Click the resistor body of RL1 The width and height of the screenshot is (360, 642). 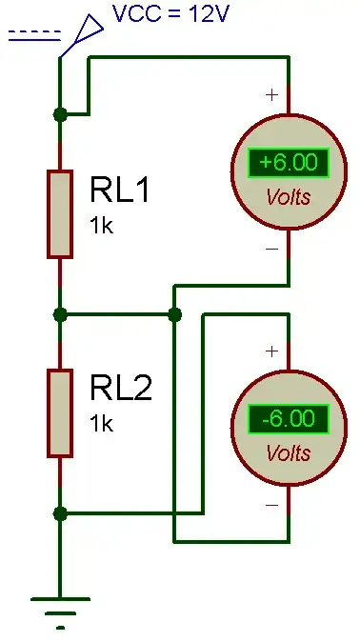pos(60,214)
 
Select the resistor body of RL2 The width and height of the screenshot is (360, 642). pos(60,414)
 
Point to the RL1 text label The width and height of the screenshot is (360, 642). pos(121,191)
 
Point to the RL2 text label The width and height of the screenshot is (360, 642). pos(121,390)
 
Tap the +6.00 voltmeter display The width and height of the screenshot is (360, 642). pos(289,162)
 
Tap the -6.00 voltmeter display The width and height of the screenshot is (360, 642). pos(289,418)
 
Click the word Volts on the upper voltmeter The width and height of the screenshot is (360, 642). pos(289,196)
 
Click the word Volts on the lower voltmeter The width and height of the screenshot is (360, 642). pos(289,452)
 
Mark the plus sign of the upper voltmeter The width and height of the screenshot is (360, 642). pos(271,95)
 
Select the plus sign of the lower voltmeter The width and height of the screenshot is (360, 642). pos(271,351)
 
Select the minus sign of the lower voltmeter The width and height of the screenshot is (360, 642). pos(271,505)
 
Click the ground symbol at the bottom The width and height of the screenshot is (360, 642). pos(60,610)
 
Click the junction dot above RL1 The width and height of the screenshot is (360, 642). pos(60,114)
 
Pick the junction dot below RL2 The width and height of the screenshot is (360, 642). pos(60,513)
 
